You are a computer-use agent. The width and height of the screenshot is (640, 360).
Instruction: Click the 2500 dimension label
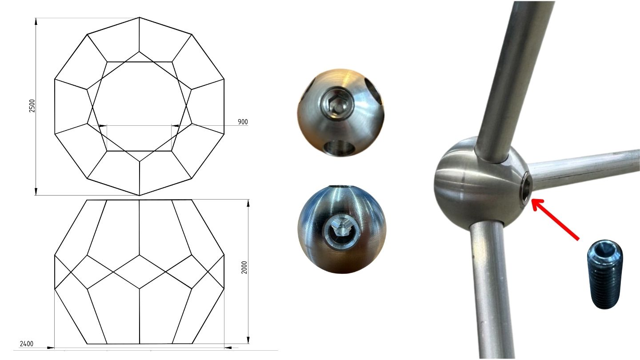[32, 106]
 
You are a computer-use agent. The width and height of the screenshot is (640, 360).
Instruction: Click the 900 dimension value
[243, 122]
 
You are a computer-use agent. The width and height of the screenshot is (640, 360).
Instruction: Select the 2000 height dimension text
[244, 268]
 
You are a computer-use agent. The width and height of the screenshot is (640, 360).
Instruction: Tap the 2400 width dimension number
[27, 344]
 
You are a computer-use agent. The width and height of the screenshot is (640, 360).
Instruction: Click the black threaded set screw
[604, 274]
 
